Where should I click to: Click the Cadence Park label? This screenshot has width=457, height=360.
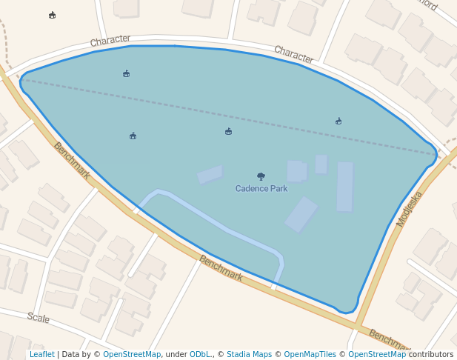coord(261,189)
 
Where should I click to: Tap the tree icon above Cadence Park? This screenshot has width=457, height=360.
coord(261,176)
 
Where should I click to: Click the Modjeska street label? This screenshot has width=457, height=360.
coord(409,209)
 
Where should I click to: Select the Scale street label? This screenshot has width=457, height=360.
coord(39,318)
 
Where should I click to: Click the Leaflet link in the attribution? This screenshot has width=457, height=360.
coord(41,354)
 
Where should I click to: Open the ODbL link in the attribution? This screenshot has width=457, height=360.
coord(199,354)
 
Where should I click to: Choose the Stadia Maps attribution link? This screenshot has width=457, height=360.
coord(249,354)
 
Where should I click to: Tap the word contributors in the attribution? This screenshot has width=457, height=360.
coord(431,354)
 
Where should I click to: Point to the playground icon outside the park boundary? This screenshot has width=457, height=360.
coord(52,15)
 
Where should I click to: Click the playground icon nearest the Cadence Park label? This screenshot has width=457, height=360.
coord(228,132)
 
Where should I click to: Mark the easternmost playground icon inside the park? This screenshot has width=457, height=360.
coord(338,121)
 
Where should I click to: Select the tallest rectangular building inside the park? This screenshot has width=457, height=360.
coord(345,187)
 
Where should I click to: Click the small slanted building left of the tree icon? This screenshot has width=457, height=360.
coord(210,175)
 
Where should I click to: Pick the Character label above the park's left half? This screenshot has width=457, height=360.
coord(110,40)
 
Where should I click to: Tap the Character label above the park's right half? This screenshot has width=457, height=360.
coord(294,54)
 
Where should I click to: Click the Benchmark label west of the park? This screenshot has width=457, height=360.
coord(72,161)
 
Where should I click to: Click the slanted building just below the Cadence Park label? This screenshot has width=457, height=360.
coord(301,215)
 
